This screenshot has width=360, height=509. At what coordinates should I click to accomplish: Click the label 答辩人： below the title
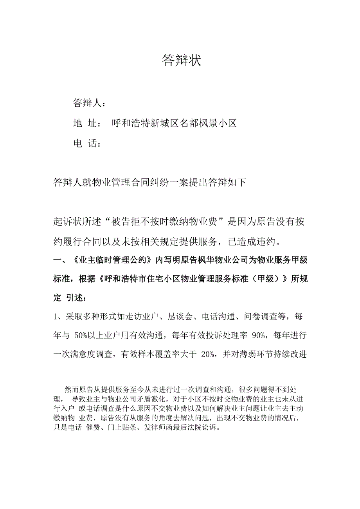(89, 103)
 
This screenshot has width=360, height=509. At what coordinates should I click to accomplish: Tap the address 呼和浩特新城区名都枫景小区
(175, 124)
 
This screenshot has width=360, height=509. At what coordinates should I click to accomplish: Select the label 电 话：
(88, 144)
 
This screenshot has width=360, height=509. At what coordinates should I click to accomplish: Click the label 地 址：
(88, 124)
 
